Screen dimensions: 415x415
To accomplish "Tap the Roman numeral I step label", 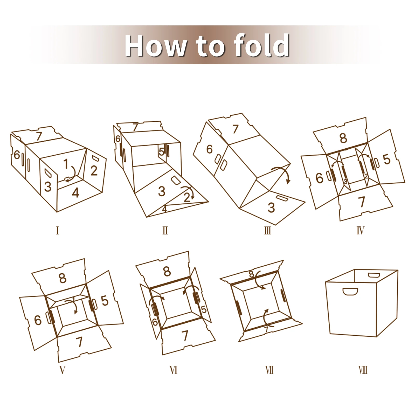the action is [57, 230].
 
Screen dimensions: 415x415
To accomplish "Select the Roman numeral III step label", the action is [268, 230].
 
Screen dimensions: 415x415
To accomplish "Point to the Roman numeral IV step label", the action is [361, 230].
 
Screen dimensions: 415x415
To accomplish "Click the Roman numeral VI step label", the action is [174, 370].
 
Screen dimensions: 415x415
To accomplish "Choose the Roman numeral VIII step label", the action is [363, 370].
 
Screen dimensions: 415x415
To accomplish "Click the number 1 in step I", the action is [66, 164].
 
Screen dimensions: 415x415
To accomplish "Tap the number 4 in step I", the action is [75, 193].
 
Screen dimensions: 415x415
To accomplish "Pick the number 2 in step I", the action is [94, 170].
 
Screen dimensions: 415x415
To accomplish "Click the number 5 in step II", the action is [161, 152].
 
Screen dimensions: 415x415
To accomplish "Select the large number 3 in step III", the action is [271, 208].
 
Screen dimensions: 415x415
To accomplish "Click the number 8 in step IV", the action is [343, 138].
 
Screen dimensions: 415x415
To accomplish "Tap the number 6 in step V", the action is [38, 320].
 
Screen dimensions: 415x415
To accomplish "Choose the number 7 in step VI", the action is [184, 335].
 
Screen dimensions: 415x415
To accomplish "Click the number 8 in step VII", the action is [251, 274].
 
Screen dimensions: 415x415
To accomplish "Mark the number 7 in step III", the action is [235, 129].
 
